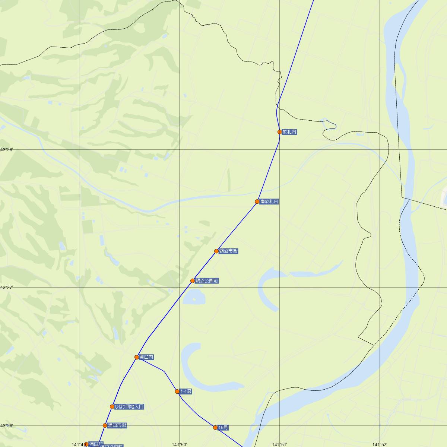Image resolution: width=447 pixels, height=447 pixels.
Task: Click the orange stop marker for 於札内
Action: click(x=279, y=132)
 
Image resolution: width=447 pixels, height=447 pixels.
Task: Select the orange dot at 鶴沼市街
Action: click(x=216, y=251)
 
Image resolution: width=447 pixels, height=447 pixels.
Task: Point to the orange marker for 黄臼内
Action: click(x=137, y=357)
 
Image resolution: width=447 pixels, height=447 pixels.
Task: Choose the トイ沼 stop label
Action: click(x=185, y=391)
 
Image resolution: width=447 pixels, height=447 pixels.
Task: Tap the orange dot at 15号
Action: click(x=215, y=427)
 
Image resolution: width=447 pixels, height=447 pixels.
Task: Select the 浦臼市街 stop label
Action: click(x=117, y=425)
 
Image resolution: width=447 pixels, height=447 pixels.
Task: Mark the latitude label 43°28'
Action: click(x=7, y=149)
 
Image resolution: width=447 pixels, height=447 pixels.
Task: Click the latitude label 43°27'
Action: click(x=7, y=287)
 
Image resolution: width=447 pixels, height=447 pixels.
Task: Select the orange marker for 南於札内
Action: click(x=257, y=202)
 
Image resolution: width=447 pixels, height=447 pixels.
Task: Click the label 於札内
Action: click(x=290, y=132)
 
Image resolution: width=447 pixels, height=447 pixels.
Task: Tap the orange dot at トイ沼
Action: click(x=177, y=391)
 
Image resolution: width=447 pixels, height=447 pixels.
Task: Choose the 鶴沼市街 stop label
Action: click(x=228, y=251)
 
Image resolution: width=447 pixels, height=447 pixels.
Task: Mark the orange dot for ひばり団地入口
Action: click(x=112, y=407)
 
